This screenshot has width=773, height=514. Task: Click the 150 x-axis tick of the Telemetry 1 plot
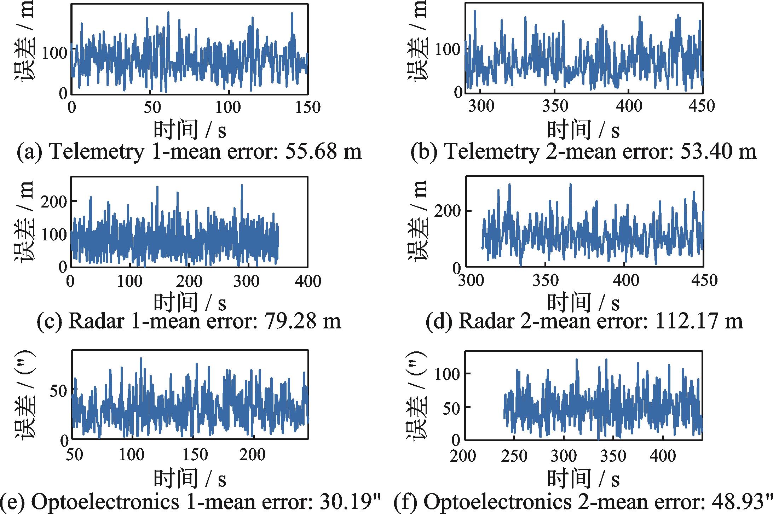click(307, 107)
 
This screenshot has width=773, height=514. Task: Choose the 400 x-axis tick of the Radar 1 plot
click(307, 281)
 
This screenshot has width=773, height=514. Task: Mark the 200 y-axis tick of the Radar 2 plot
click(448, 211)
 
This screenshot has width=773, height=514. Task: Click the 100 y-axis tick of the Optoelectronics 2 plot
click(448, 374)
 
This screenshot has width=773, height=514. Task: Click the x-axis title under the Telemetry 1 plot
click(190, 130)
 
